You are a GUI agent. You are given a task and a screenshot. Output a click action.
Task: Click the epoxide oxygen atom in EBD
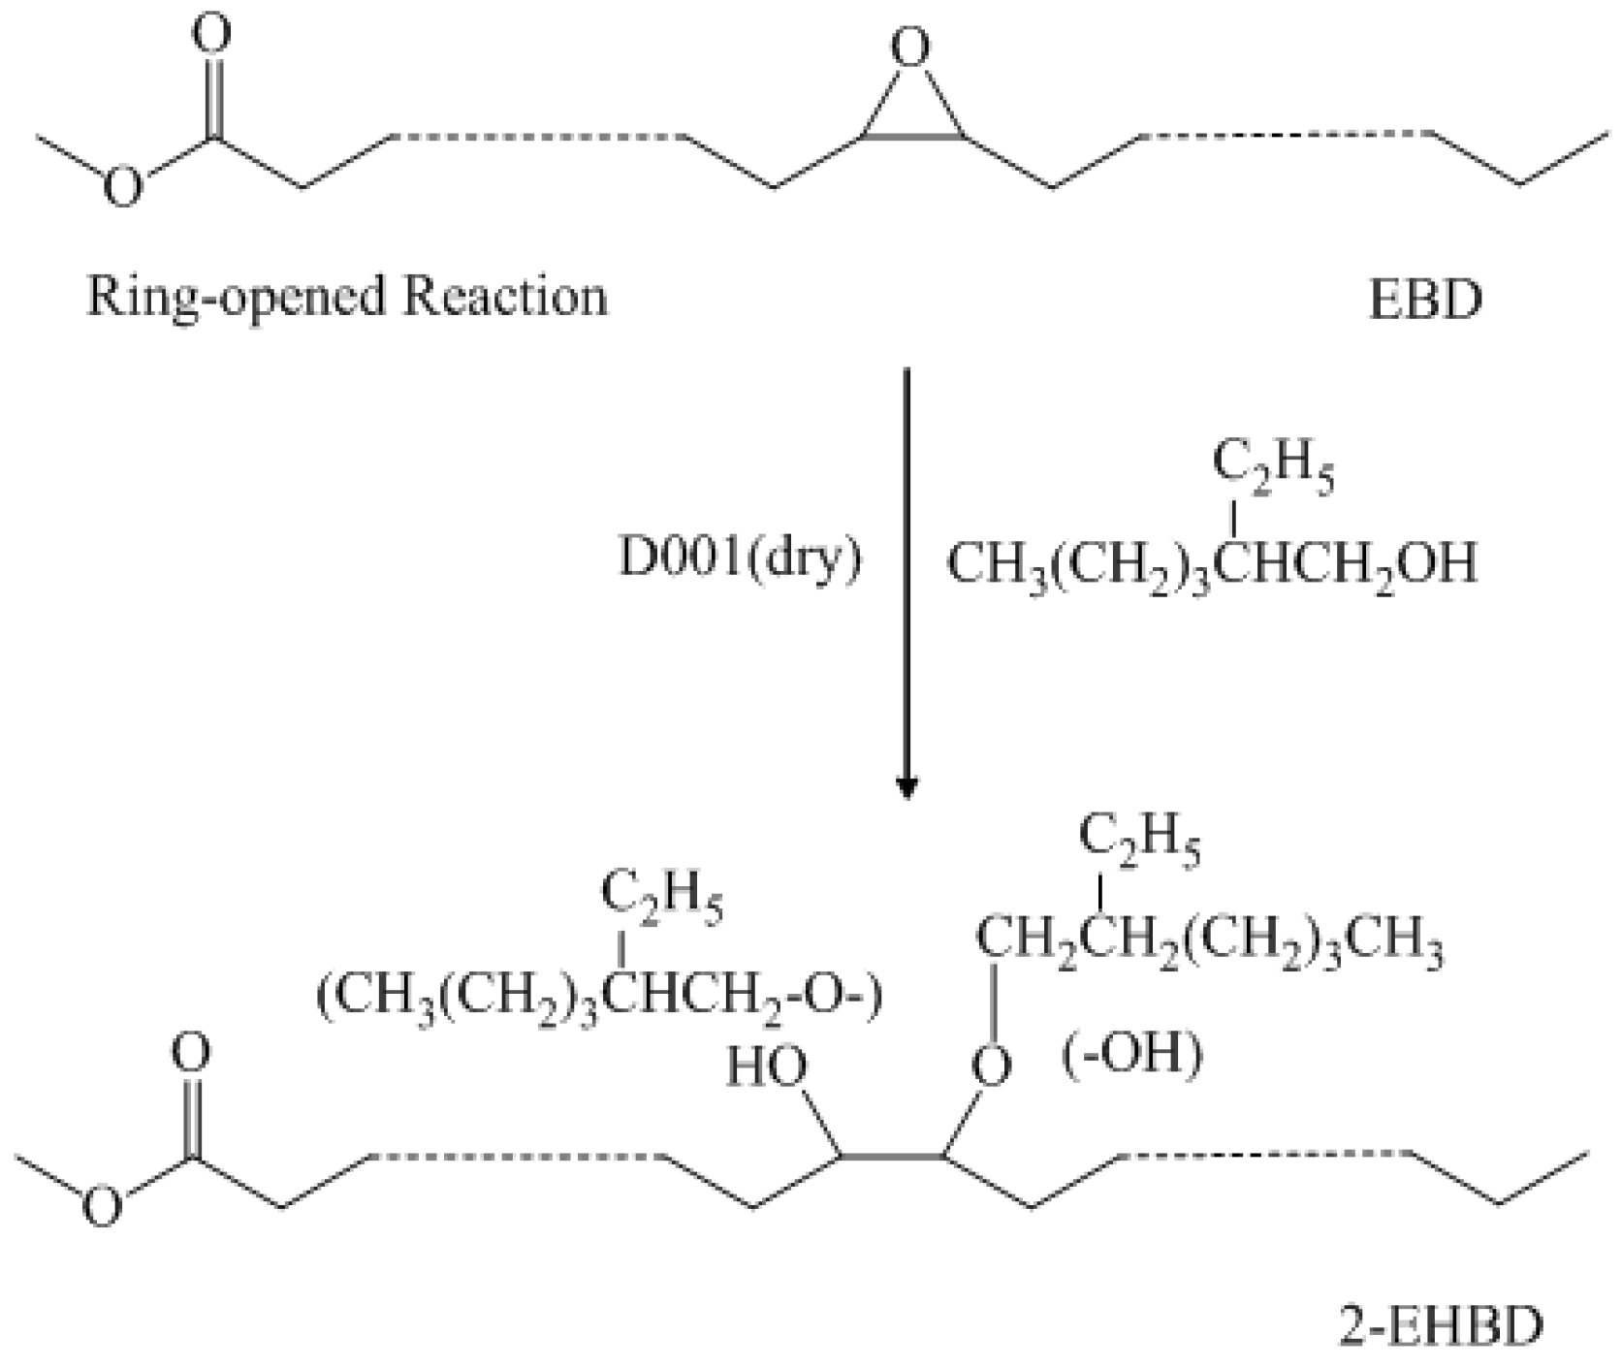909,47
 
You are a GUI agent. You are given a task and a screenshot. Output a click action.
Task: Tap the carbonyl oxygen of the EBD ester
210,33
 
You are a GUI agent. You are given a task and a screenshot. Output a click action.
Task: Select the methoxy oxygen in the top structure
122,186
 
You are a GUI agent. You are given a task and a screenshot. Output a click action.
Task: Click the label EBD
1424,299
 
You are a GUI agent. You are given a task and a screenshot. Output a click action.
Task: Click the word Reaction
506,295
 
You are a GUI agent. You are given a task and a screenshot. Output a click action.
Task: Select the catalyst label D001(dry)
740,561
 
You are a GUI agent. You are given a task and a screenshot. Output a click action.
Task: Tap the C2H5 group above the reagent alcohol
1272,469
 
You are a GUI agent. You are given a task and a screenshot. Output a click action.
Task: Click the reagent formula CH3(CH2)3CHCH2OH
1212,565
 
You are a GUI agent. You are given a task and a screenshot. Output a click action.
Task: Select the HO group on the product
767,1067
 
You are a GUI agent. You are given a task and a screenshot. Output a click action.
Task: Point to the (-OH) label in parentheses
1133,1053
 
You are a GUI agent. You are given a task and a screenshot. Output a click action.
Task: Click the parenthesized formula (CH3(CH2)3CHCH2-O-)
599,996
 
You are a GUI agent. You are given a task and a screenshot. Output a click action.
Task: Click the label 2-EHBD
1440,1326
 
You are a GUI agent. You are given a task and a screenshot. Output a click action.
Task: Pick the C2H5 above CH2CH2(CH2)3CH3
1139,841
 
